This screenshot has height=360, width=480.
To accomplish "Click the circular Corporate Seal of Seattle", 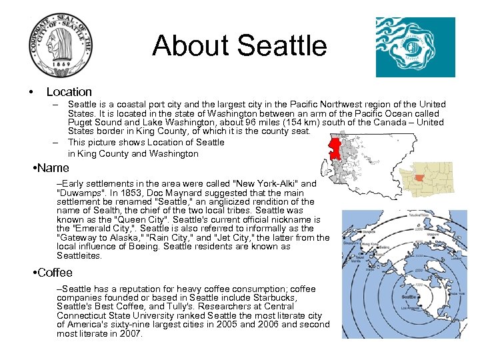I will [62, 45].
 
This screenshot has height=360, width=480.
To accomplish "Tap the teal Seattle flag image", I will [415, 47].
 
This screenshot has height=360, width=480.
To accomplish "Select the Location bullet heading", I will [69, 92].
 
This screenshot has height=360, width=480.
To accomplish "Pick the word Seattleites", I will [79, 256].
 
